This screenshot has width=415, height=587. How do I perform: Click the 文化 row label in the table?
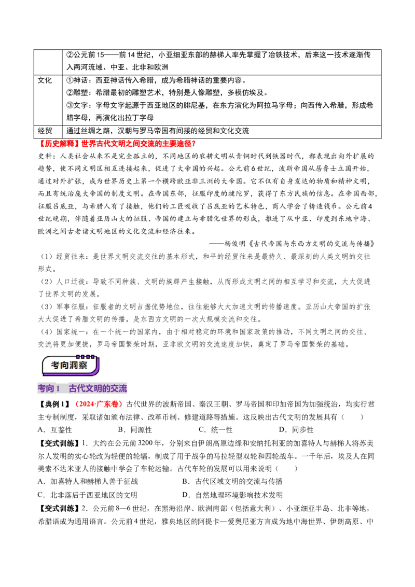point(45,80)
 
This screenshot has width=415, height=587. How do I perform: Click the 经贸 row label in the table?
point(45,131)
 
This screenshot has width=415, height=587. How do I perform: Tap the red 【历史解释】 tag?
point(59,144)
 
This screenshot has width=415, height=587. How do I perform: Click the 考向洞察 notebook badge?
point(71,365)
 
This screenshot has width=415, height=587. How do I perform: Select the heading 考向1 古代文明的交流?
point(82,388)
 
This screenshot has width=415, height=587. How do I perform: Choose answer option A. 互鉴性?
point(54,430)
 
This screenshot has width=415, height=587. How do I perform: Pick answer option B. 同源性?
point(135,430)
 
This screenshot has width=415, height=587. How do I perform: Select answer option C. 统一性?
point(215,430)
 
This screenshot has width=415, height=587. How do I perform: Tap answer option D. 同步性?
point(296,430)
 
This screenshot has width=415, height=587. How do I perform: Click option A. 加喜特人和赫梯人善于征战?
point(88,481)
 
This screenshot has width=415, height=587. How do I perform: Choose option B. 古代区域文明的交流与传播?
point(232,481)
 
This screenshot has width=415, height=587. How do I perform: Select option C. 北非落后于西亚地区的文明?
point(88,495)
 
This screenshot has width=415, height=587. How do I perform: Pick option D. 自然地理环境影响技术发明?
point(232,495)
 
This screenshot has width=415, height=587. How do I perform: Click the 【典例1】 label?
point(54,404)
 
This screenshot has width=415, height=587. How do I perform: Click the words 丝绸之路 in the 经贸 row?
point(99,131)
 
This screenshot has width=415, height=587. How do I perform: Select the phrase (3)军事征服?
point(63,306)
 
